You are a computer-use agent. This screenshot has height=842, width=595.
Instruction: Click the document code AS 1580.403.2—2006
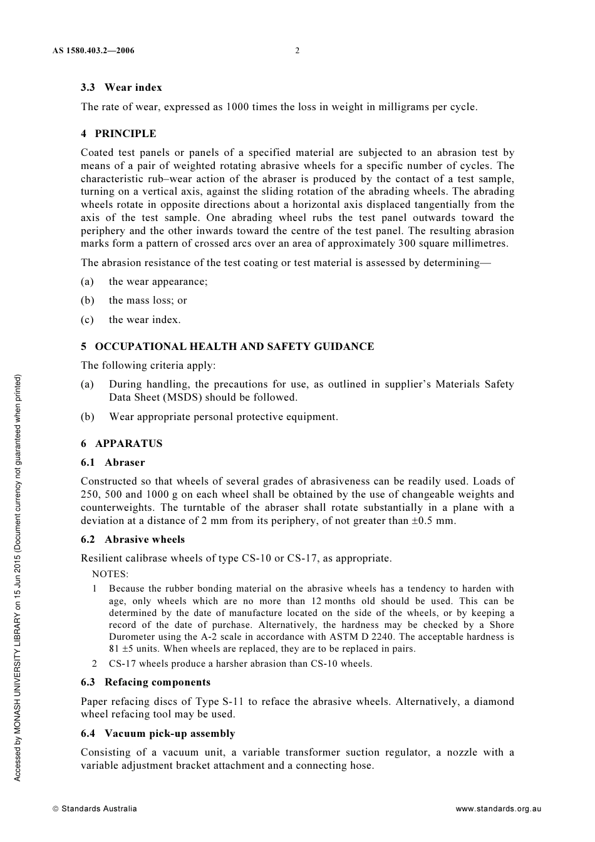[x=93, y=51]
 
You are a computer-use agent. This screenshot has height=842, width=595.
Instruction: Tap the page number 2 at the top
[x=297, y=51]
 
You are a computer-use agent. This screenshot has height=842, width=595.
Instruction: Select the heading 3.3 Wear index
[x=121, y=88]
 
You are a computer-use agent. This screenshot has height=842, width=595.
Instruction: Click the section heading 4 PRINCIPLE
[x=118, y=134]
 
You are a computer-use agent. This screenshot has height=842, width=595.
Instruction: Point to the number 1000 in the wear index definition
[x=237, y=107]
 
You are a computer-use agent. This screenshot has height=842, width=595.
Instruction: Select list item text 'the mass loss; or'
[x=148, y=300]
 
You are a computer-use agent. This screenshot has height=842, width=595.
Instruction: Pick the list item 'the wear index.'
[x=145, y=320]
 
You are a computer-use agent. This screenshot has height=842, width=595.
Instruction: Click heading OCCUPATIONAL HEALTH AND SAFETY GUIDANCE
[x=234, y=347]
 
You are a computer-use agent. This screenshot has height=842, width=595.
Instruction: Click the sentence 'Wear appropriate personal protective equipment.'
[x=223, y=417]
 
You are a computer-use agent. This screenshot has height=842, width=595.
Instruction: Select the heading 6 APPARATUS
[x=122, y=444]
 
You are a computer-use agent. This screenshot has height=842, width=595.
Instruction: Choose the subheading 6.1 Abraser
[x=113, y=463]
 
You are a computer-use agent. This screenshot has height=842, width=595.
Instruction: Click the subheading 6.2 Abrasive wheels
[x=133, y=540]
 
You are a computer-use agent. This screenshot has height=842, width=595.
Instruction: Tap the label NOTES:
[x=110, y=574]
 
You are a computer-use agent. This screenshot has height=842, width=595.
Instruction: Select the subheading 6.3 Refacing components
[x=145, y=682]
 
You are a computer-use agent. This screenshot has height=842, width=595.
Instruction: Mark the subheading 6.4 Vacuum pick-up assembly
[x=158, y=734]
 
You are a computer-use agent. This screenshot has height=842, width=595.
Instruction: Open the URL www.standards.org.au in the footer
[x=498, y=809]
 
